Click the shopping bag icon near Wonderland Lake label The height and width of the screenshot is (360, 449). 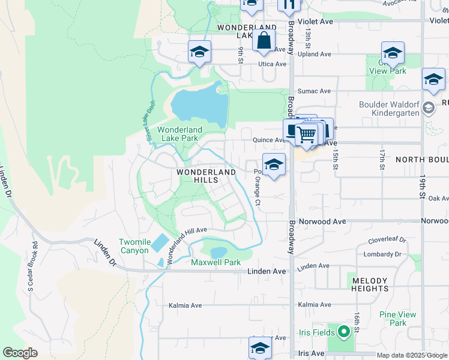pos(264,41)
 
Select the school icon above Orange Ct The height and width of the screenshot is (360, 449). pos(273,164)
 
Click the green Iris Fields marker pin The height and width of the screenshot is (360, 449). pos(343,331)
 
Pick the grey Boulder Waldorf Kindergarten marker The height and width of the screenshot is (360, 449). pos(428,109)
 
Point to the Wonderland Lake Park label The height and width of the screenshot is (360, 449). pos(180,134)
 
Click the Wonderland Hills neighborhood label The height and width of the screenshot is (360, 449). pos(206,176)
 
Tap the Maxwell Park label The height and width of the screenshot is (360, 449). pos(215,262)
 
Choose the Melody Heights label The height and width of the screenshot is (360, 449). pos(370,284)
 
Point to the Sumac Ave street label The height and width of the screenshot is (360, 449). pos(316,91)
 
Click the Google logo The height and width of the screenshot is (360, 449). pos(20,352)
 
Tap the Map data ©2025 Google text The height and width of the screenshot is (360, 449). pos(412,355)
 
